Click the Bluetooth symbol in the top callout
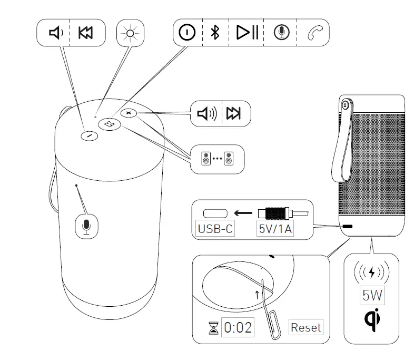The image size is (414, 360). point(214,33)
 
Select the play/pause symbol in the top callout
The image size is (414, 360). point(247,33)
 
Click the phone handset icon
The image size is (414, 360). point(314,33)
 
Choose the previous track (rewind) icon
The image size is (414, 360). point(84,33)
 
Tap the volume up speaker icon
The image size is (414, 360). point(206,113)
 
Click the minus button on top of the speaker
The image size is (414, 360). point(90,135)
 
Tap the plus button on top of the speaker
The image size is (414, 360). point(129,113)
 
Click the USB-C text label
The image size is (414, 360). point(215,229)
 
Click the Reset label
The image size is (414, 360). point(305,327)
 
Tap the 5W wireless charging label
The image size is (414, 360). point(372,295)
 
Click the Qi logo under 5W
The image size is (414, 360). point(373,319)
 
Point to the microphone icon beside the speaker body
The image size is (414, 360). point(87,226)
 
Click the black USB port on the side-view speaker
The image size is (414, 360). point(348,226)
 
